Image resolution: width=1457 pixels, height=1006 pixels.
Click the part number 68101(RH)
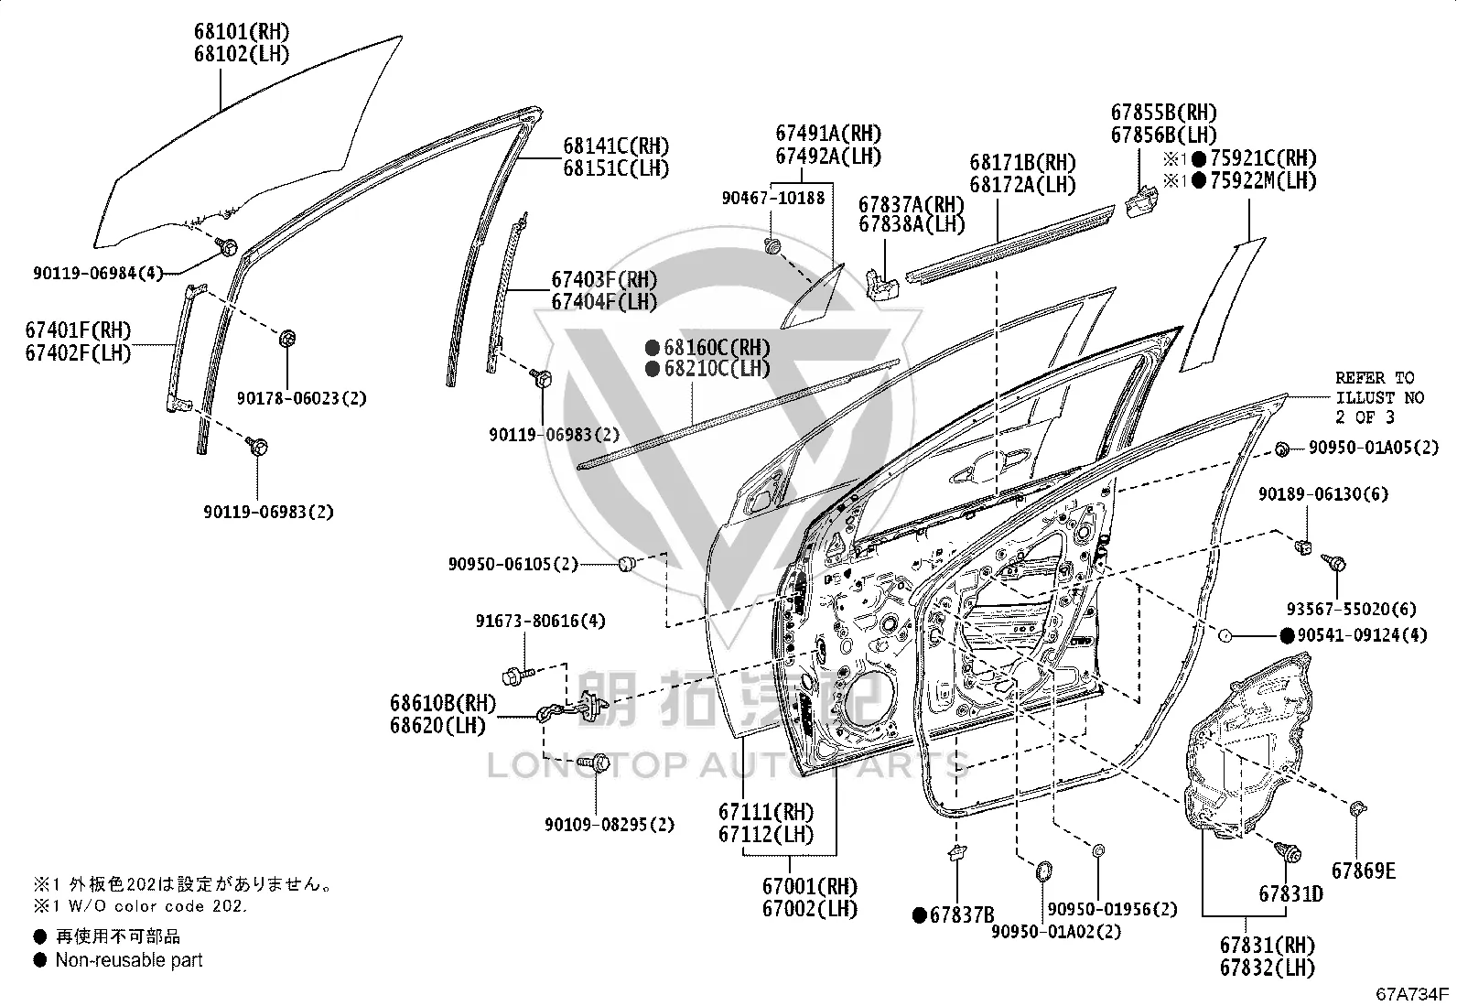[242, 31]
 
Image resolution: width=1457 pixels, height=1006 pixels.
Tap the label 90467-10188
[772, 198]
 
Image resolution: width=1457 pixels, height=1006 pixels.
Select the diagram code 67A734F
[1412, 993]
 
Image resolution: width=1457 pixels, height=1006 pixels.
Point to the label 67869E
[1364, 871]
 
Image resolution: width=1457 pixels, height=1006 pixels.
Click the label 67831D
[1290, 894]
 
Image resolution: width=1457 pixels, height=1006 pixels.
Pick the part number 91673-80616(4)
[540, 621]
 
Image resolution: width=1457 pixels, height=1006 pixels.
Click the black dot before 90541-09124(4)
[1287, 636]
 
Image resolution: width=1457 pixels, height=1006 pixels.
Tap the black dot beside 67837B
[919, 915]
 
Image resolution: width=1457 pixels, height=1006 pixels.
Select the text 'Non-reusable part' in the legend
[129, 960]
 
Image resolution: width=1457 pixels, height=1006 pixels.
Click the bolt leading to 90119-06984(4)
[227, 247]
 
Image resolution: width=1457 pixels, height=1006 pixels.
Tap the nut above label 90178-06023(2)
[286, 339]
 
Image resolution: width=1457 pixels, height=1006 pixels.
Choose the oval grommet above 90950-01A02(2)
[1042, 871]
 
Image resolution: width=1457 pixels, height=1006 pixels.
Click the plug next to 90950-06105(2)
[626, 564]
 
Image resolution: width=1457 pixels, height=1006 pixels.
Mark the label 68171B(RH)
[1022, 162]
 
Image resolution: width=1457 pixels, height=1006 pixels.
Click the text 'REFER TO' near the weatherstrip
[1375, 378]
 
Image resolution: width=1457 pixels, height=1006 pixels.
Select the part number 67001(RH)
[810, 886]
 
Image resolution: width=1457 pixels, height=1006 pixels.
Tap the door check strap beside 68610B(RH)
[572, 708]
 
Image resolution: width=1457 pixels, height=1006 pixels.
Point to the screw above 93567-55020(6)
[1334, 563]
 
